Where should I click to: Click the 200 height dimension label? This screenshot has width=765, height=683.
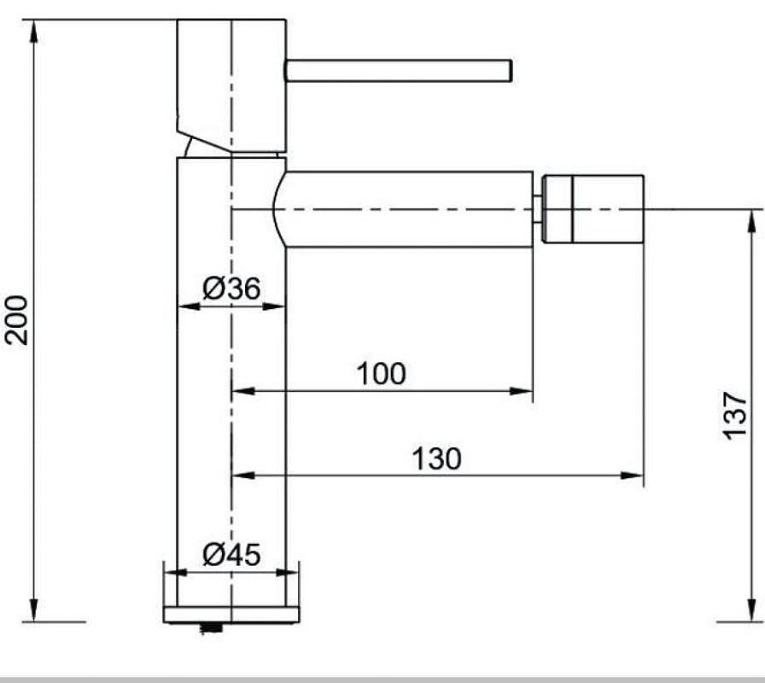[x=16, y=320]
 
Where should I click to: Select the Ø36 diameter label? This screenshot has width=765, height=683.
[x=231, y=288]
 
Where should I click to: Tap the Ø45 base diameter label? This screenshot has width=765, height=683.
[x=231, y=555]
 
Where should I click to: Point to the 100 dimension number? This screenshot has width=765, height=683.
[x=381, y=374]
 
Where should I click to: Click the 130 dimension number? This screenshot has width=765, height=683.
[x=436, y=458]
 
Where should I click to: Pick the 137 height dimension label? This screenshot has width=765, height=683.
[x=735, y=415]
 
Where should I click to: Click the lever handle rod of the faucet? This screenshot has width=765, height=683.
[x=399, y=71]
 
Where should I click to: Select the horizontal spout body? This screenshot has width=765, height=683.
[x=404, y=209]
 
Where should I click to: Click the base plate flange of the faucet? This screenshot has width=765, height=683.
[x=231, y=615]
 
